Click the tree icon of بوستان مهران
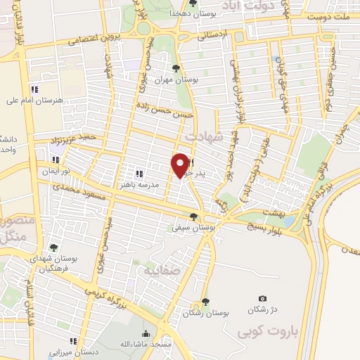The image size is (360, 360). [175, 68]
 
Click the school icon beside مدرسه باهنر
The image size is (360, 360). [139, 173]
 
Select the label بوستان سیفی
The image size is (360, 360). [194, 228]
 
